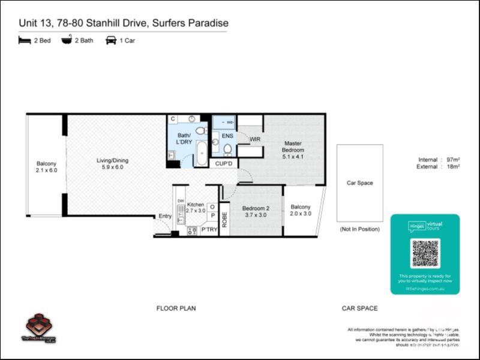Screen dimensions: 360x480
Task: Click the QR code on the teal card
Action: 425,253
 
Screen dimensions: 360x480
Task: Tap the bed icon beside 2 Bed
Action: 25,41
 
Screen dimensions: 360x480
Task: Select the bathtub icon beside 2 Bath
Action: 67,41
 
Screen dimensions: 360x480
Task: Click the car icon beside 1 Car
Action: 111,41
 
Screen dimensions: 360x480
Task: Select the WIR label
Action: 255,139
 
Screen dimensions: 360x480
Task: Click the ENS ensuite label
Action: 227,136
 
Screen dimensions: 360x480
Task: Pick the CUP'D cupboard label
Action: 223,163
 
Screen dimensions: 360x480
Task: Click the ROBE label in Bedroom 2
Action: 224,219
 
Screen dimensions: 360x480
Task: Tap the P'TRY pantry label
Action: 208,230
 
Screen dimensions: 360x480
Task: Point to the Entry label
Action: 164,216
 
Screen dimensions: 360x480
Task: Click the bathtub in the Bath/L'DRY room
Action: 201,152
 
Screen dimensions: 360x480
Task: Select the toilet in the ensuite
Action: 227,148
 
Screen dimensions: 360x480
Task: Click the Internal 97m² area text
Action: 439,160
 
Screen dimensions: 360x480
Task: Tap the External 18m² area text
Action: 439,167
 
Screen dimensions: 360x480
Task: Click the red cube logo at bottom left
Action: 39,324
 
